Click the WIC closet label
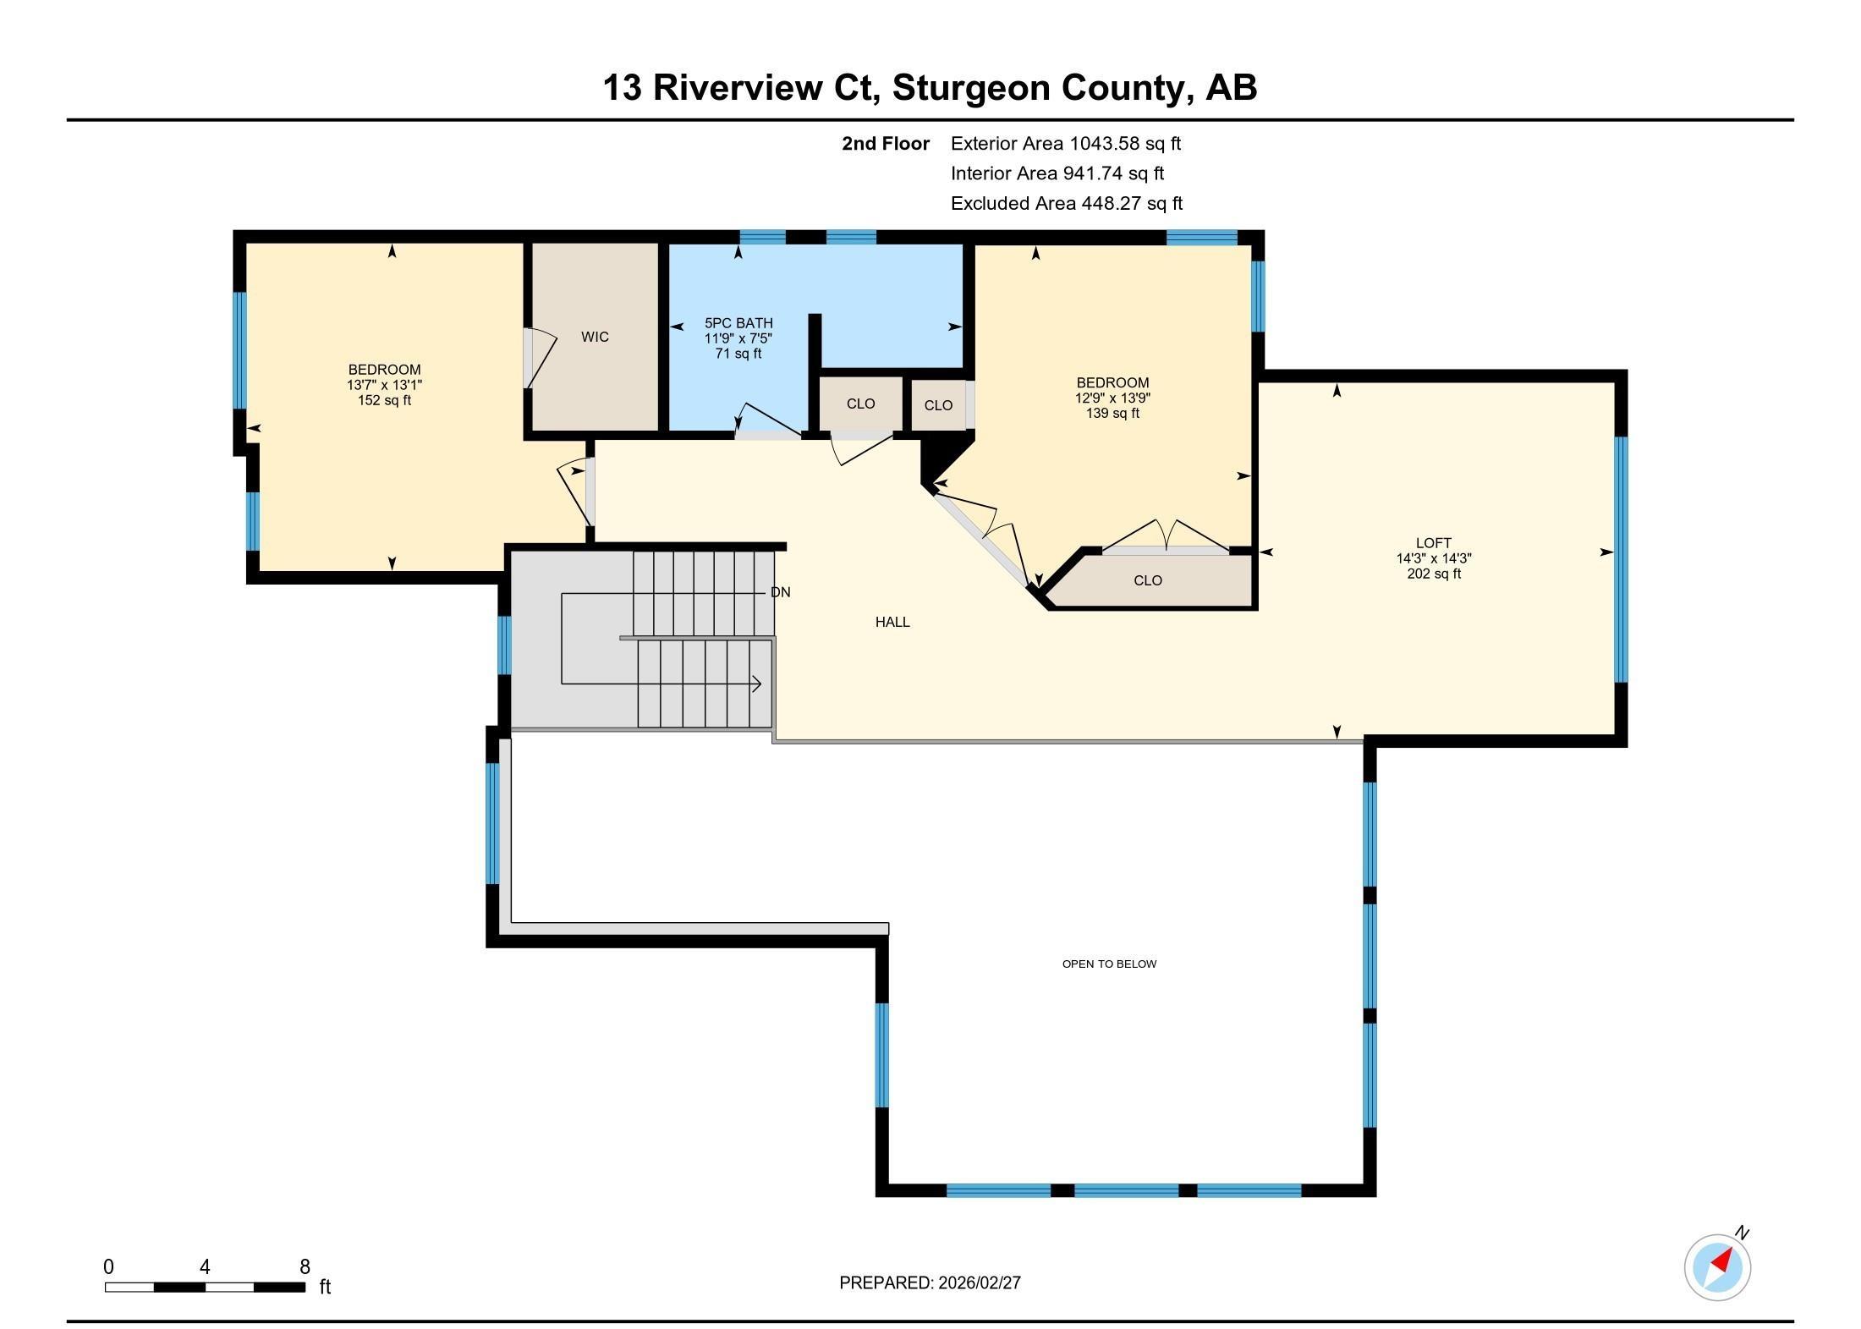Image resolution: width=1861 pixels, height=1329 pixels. [595, 337]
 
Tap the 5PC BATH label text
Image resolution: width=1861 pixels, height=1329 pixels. [738, 323]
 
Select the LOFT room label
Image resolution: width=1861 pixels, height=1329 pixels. [1433, 543]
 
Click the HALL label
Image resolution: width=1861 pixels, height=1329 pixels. [892, 622]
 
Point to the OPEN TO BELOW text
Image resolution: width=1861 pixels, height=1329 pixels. [1109, 964]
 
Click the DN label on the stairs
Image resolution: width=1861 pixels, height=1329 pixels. [780, 592]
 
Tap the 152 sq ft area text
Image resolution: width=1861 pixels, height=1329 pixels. [384, 400]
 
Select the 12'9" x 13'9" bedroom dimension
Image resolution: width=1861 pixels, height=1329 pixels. [1112, 398]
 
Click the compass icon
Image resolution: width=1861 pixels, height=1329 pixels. [1717, 1266]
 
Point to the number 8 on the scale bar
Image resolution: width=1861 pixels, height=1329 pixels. [305, 1266]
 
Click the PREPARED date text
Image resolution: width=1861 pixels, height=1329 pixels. [930, 1282]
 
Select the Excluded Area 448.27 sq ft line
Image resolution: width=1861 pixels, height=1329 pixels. [1066, 203]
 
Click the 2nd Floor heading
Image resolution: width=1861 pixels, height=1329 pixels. [885, 144]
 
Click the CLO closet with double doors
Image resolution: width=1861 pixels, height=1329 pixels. [1148, 580]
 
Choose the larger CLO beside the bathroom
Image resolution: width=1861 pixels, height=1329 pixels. [860, 404]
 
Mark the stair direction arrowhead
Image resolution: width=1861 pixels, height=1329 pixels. [757, 684]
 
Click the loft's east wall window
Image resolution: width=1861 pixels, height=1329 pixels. [1621, 558]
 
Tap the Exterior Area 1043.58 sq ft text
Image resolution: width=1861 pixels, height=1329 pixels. [1065, 144]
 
